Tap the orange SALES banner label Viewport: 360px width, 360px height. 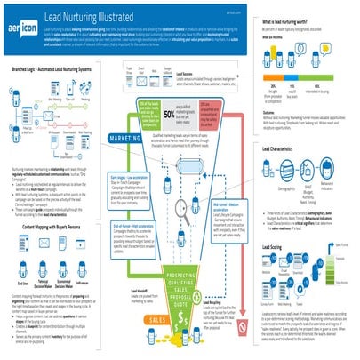coord(134,317)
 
